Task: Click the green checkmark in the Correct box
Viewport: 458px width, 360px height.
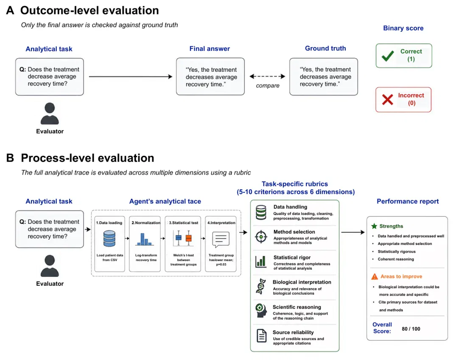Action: point(388,56)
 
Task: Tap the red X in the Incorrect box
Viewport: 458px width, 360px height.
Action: point(388,100)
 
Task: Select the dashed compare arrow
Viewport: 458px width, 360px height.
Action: point(267,76)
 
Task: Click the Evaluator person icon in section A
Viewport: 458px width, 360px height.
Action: point(50,113)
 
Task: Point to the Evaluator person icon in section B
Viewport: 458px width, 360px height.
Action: point(50,266)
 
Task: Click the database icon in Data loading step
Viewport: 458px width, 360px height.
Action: point(109,239)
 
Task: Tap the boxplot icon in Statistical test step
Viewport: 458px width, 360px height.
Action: point(184,238)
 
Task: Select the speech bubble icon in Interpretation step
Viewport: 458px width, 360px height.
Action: point(221,239)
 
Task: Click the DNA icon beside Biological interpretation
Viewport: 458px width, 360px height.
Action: point(261,286)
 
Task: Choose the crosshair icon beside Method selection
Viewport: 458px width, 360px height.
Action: point(261,236)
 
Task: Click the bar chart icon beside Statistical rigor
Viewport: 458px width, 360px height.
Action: point(260,262)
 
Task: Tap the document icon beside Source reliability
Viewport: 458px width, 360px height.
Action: point(261,336)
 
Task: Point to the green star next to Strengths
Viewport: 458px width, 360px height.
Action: point(374,226)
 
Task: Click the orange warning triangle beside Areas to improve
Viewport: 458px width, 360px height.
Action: point(374,276)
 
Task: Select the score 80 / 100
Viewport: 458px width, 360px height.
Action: point(411,329)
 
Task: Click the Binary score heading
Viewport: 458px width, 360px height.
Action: point(403,28)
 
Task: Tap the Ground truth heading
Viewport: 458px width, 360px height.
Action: point(325,48)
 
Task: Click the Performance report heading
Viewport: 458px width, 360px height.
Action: point(408,201)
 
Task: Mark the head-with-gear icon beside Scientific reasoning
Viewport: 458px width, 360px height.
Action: point(261,311)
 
